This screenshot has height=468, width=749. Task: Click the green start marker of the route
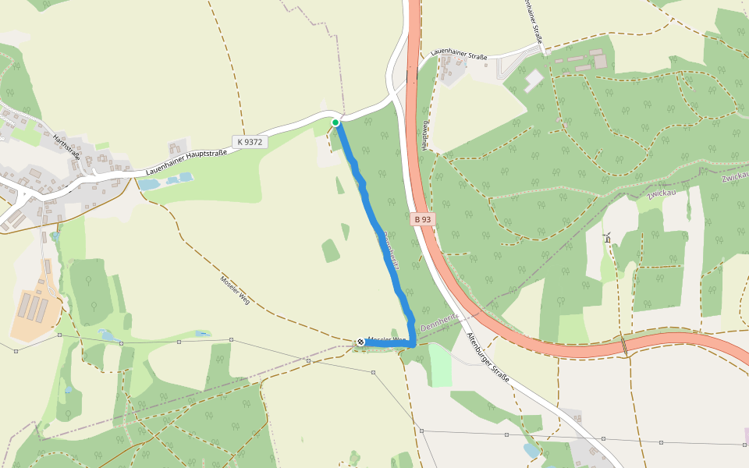[335, 122]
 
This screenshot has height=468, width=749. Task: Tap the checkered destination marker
[360, 342]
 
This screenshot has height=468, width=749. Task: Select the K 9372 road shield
[250, 142]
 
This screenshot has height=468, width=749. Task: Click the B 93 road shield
[422, 219]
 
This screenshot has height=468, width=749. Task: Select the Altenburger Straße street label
[488, 356]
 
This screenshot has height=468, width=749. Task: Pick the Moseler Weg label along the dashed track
[235, 289]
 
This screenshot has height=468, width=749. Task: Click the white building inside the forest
[534, 80]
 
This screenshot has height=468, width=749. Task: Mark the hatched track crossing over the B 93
[625, 344]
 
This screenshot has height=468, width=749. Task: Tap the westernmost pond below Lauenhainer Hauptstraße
[148, 185]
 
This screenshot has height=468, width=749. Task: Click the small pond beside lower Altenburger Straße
[531, 451]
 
